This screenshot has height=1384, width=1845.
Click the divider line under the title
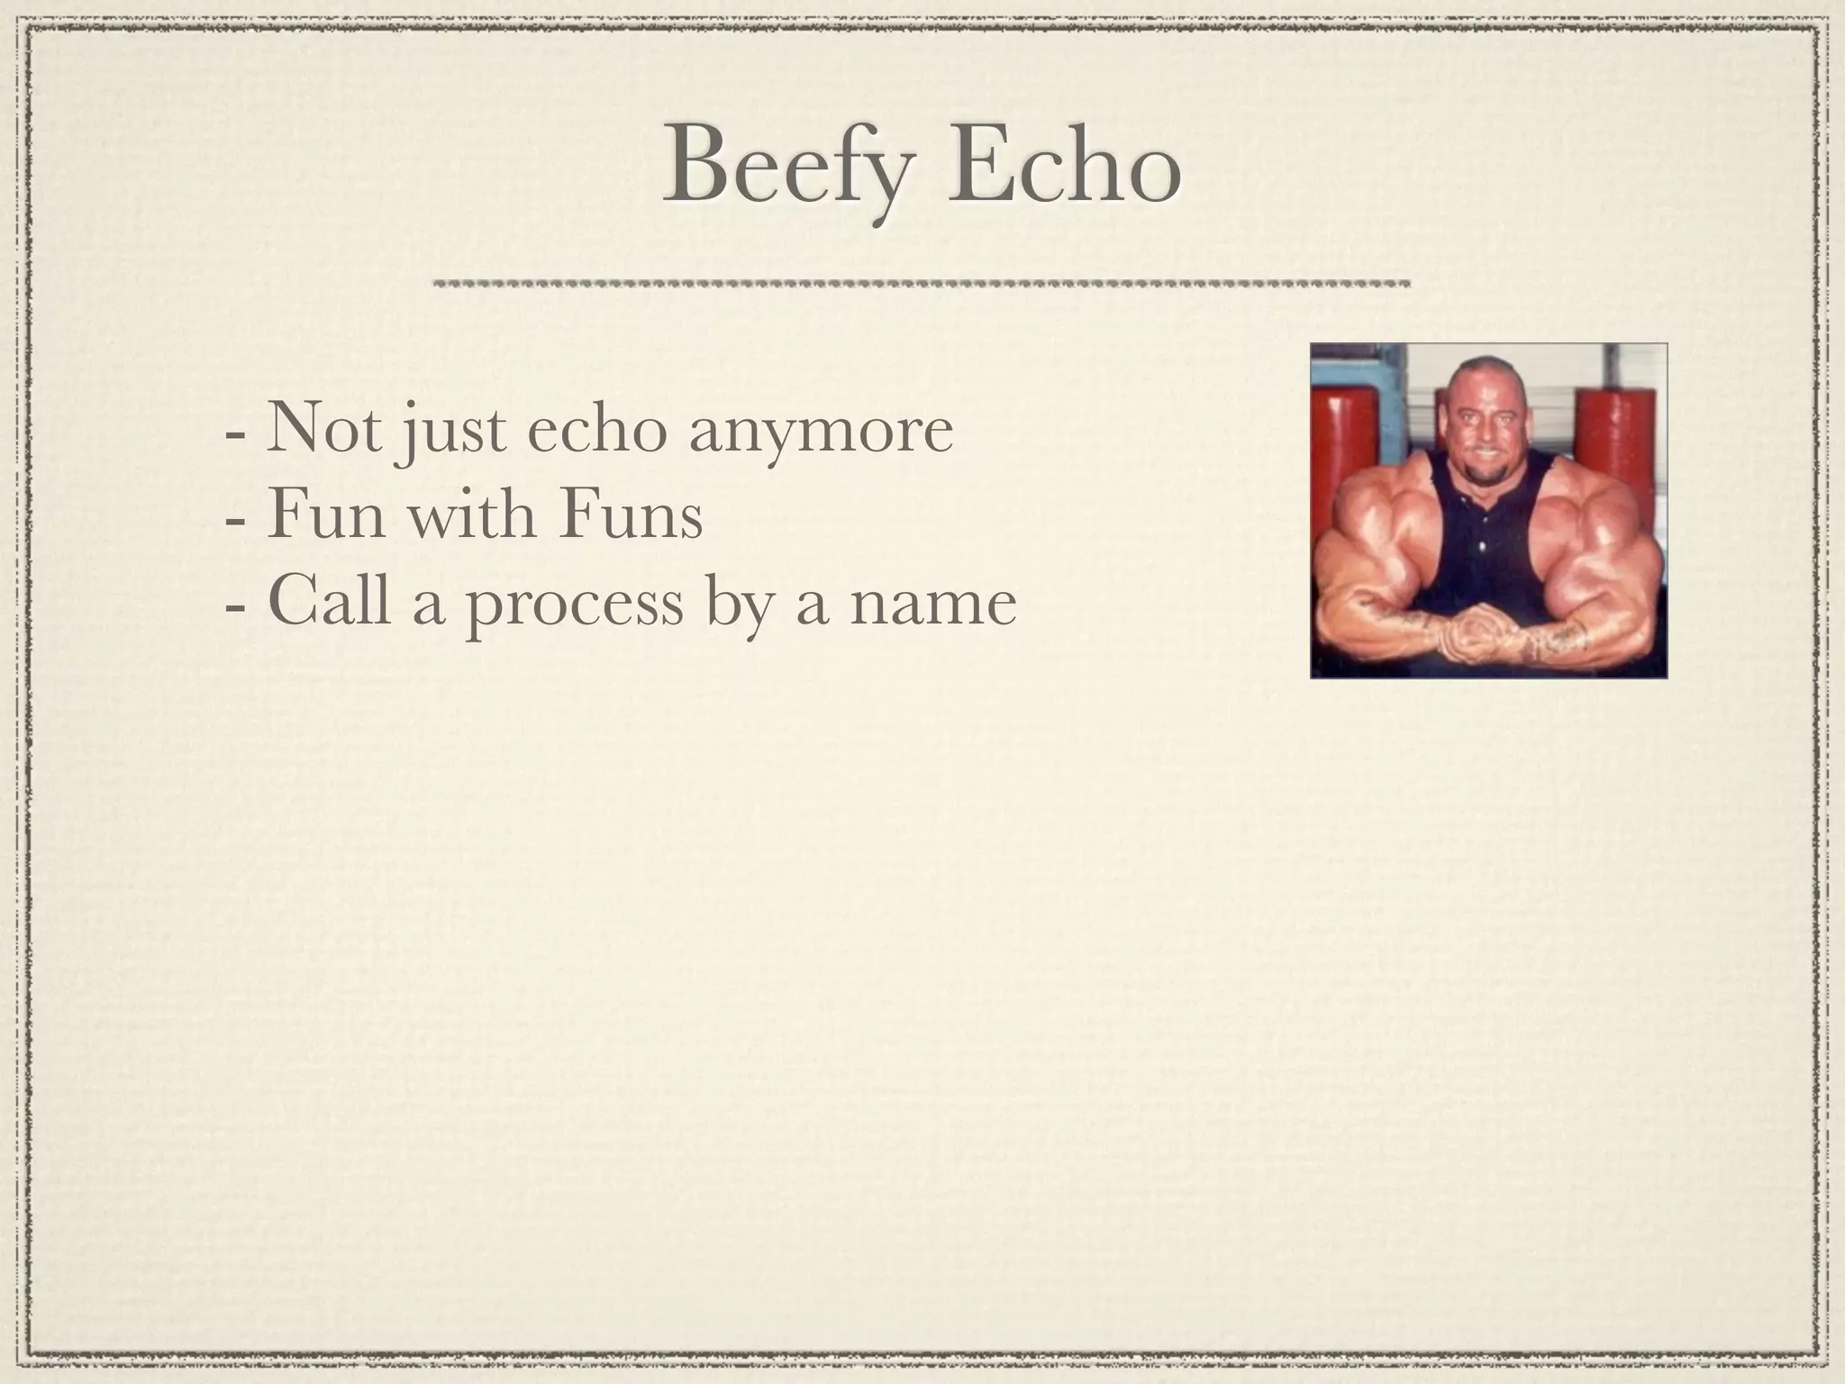pos(921,283)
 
